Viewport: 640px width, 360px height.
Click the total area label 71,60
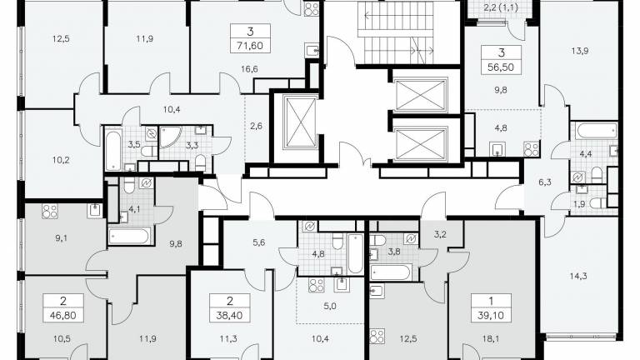click(250, 45)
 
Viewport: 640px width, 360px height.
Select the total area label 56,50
click(501, 67)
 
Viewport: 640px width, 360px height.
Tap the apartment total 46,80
click(63, 316)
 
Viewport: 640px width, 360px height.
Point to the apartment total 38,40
click(230, 315)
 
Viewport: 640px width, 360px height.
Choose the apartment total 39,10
click(491, 315)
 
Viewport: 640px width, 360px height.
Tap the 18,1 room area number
click(490, 339)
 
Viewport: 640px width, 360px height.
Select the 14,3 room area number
click(578, 277)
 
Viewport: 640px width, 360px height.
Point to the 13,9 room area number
click(580, 51)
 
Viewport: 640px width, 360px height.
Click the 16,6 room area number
click(249, 69)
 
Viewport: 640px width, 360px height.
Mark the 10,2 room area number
click(61, 160)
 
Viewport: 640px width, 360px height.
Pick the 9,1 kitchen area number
click(61, 238)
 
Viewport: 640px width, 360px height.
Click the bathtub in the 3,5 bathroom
click(113, 150)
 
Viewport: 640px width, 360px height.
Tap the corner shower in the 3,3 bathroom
click(170, 137)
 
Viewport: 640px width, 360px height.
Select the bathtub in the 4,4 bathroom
click(597, 131)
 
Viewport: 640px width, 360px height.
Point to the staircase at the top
click(395, 32)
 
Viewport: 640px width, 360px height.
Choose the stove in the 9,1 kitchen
click(50, 212)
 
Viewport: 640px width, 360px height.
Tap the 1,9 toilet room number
click(580, 204)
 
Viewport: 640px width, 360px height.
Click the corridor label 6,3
click(545, 182)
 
